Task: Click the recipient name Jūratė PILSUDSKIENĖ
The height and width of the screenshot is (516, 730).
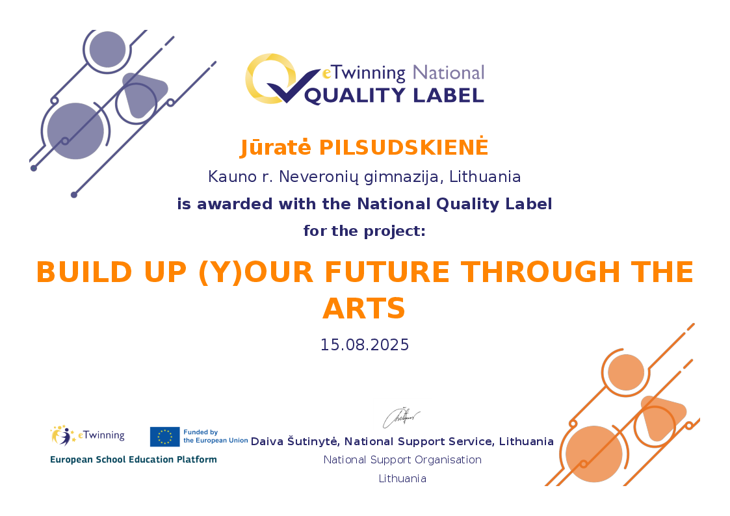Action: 364,147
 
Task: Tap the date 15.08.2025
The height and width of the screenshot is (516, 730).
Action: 365,345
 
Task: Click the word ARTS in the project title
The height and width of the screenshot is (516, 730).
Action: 364,309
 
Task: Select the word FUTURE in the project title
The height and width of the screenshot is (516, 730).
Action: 387,272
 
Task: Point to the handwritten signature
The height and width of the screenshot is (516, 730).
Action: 401,417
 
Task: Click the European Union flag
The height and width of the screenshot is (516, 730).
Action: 165,437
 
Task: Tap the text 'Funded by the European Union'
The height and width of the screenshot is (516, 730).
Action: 216,436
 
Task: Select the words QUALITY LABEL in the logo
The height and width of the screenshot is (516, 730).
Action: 394,96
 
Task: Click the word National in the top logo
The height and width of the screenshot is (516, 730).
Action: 449,73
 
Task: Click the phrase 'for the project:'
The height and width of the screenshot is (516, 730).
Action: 365,231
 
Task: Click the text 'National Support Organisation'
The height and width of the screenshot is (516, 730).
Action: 402,459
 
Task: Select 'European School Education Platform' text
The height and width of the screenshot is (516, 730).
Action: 134,459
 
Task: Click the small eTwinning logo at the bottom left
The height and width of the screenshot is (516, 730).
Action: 88,435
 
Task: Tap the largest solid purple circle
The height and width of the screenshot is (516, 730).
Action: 75,131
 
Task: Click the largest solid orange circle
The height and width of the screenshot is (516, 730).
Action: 594,454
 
